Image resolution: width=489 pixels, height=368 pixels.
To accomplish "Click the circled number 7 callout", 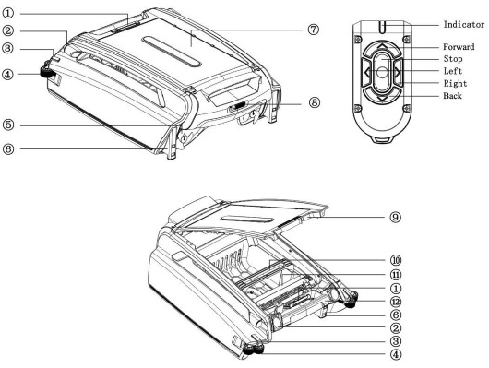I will [x=314, y=30].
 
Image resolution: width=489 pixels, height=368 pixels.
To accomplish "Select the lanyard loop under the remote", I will [x=381, y=140].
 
